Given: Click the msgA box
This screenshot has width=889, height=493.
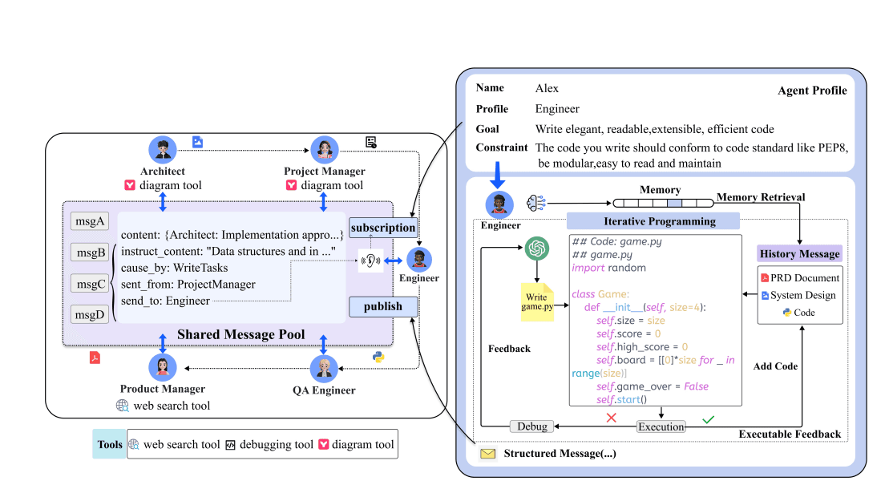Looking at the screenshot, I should point(90,222).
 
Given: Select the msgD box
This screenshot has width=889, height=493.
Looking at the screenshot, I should point(90,314).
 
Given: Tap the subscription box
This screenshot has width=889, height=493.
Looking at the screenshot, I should point(383,228).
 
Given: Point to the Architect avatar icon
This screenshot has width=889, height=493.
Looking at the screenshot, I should point(163,150).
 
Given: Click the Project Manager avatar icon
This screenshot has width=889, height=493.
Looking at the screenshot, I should point(324,150).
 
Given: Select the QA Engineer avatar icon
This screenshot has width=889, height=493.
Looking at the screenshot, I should point(324,369).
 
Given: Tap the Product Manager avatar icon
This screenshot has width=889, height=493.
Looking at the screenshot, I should point(163,369).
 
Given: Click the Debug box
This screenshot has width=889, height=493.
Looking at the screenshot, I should point(532,426).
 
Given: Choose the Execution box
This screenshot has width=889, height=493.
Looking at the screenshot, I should point(661,426).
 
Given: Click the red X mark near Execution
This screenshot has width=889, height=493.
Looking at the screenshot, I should point(612,418).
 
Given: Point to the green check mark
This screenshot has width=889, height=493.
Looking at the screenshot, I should point(708,418).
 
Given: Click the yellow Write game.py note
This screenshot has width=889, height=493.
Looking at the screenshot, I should point(537,302).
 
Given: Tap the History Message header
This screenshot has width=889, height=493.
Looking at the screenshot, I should point(799,254).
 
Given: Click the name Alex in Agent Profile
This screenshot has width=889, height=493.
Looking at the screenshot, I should point(547,88).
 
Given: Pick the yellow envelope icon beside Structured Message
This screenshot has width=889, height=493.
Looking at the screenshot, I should point(487,455).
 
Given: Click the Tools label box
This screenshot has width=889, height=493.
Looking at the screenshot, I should point(110,444).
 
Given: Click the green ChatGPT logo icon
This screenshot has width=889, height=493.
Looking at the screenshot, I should point(536,249).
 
